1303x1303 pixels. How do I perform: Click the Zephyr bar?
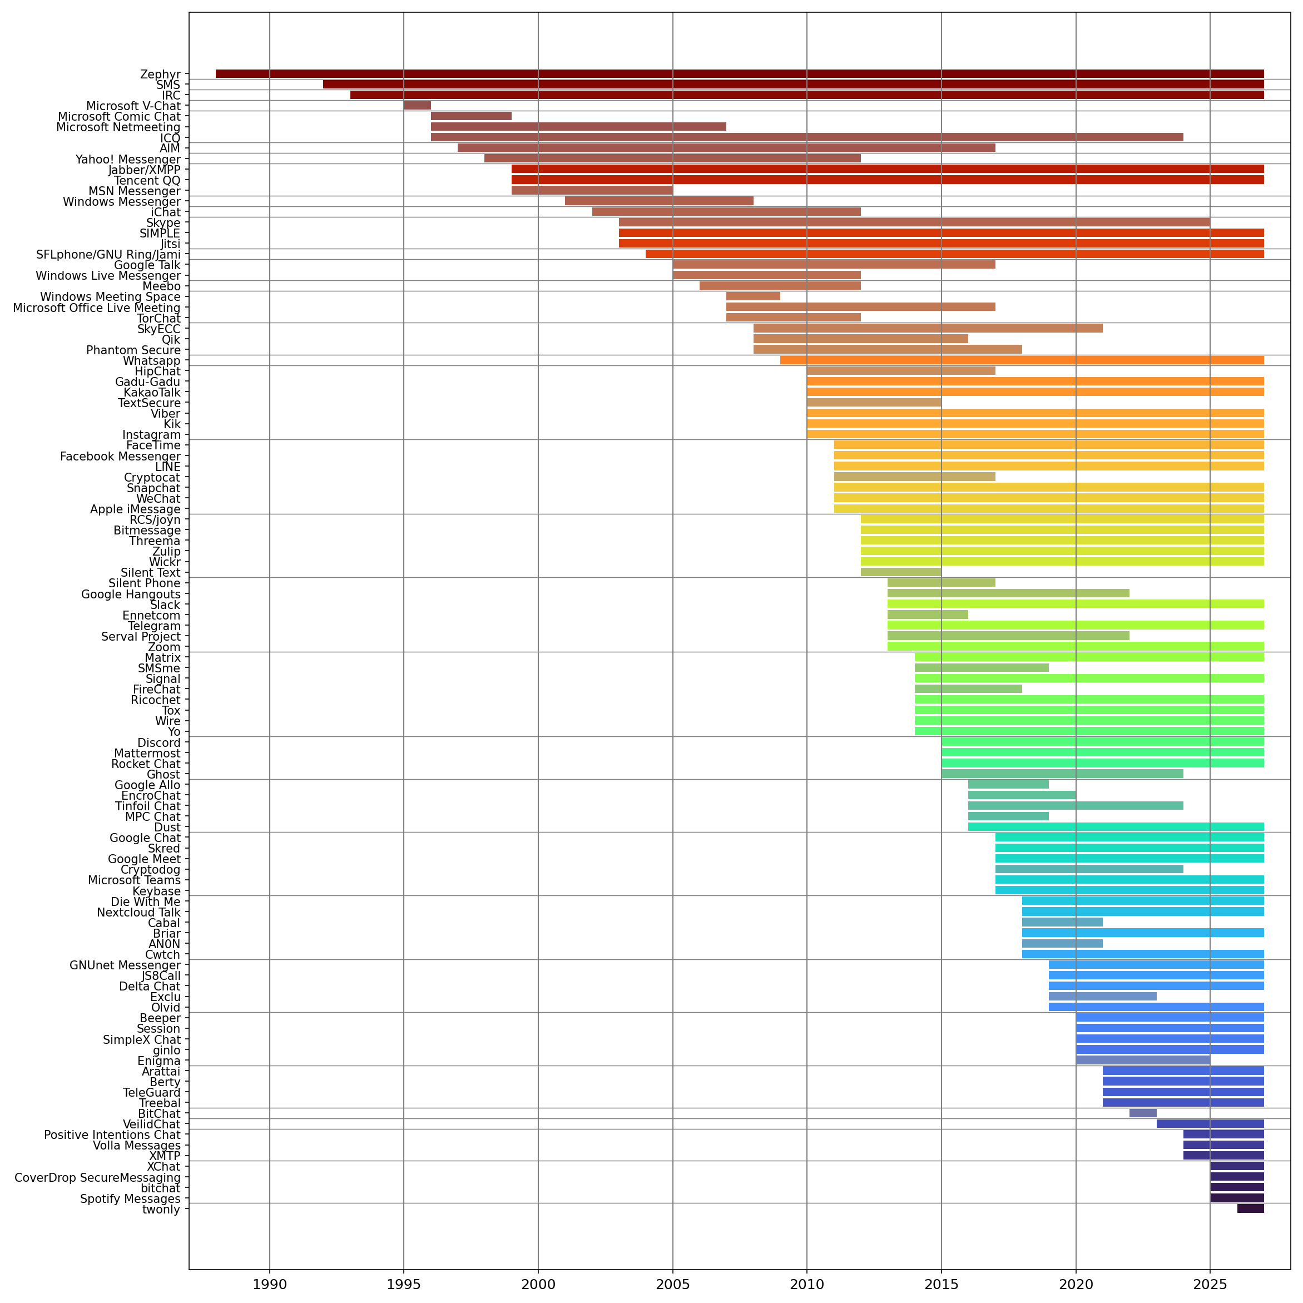(x=739, y=73)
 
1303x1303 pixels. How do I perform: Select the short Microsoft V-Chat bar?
(x=417, y=105)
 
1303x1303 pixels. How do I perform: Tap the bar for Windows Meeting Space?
(x=752, y=296)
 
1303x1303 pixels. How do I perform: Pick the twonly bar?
(x=1250, y=1208)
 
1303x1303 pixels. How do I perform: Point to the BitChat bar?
(x=1142, y=1113)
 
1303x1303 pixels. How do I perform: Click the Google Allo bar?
(x=1008, y=784)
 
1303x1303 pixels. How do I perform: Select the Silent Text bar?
(x=900, y=572)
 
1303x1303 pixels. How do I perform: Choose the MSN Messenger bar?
(x=592, y=190)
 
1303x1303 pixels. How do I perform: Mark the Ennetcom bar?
(x=928, y=615)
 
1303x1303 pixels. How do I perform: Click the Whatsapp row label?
(x=152, y=361)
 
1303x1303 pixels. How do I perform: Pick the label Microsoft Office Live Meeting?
(x=96, y=308)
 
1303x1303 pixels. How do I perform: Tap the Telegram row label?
(x=155, y=626)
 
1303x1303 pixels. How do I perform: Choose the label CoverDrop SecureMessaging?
(x=98, y=1177)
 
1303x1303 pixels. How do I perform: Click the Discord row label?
(x=159, y=742)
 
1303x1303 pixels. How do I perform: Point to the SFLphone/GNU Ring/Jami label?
(x=108, y=254)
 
